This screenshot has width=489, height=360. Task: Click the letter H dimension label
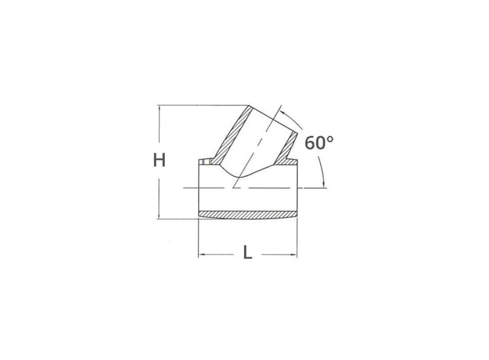click(159, 161)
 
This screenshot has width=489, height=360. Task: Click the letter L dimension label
click(248, 253)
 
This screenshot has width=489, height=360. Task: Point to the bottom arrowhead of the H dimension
click(160, 215)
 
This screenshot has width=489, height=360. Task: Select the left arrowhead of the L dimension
click(202, 254)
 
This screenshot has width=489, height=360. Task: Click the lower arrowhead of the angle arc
click(323, 185)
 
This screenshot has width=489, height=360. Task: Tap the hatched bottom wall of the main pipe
click(248, 213)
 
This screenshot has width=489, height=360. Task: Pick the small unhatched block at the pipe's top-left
click(205, 163)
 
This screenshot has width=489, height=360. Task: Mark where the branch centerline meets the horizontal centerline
click(234, 189)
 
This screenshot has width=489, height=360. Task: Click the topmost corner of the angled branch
click(250, 106)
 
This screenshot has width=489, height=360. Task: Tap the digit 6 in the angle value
click(310, 142)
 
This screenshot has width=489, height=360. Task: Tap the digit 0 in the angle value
click(321, 142)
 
